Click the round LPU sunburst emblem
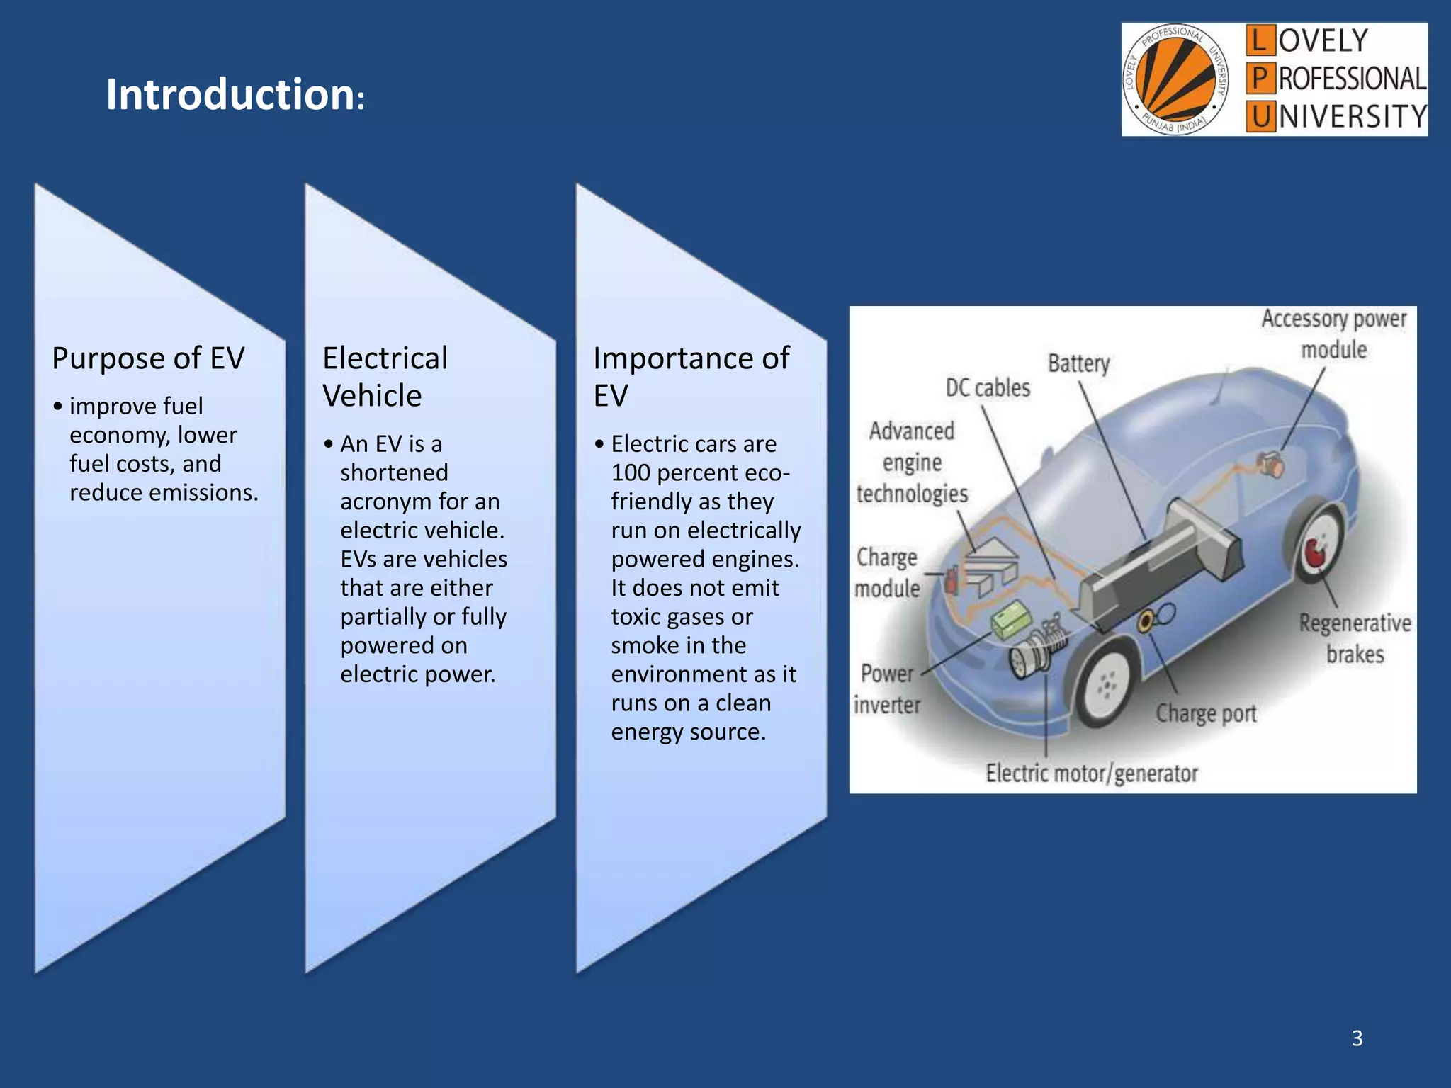[1175, 79]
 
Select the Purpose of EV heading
[148, 358]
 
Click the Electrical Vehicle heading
[385, 377]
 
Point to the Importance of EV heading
[691, 377]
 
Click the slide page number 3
[1357, 1038]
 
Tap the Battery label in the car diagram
[1078, 363]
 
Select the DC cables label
[988, 388]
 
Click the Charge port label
[1206, 713]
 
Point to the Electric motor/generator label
[1091, 773]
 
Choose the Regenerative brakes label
[1354, 638]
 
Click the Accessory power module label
[1333, 334]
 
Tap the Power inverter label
[887, 689]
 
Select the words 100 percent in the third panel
[672, 472]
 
